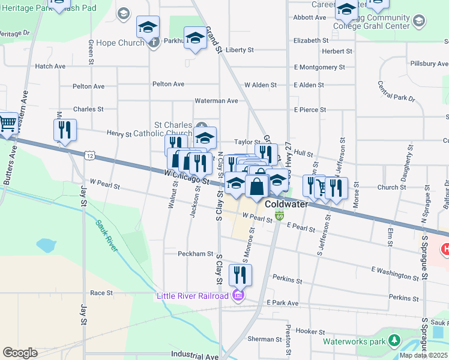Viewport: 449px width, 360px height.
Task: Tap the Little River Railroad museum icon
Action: coord(238,295)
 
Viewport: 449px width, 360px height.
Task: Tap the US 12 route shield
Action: coord(89,155)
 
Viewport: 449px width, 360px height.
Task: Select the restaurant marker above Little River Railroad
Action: coord(240,275)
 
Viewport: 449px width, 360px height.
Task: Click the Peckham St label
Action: coord(195,254)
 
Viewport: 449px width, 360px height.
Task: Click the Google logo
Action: coord(20,352)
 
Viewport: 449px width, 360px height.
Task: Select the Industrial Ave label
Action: coord(194,356)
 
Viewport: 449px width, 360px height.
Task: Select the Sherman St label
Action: coord(261,339)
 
